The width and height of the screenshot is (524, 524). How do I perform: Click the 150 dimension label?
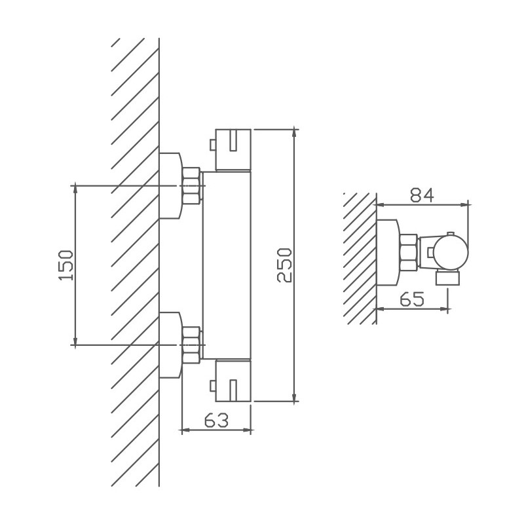[65, 265]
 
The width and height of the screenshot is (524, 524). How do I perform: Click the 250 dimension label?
[284, 265]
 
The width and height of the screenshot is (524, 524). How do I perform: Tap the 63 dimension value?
[217, 420]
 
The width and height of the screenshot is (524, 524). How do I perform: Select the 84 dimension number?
[422, 195]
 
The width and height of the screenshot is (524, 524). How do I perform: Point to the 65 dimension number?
[412, 299]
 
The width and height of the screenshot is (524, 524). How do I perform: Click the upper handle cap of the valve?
[233, 150]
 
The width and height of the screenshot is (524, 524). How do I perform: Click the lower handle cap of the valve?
[233, 381]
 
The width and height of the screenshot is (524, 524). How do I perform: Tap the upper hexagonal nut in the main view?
[192, 186]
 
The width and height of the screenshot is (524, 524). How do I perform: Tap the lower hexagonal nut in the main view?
[192, 345]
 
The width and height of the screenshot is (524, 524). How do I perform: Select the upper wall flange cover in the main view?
[171, 186]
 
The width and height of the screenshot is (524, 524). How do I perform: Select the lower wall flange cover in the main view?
[171, 345]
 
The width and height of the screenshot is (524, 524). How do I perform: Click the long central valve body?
[227, 265]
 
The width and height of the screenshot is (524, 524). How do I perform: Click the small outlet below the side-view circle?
[448, 278]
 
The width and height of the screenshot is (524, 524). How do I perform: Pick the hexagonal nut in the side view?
[409, 253]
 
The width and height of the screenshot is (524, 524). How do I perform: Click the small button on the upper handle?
[212, 145]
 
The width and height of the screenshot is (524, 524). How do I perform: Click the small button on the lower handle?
[212, 386]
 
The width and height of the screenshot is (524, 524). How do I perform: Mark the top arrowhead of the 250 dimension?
[294, 133]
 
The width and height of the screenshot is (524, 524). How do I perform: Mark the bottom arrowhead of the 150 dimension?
[75, 341]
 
